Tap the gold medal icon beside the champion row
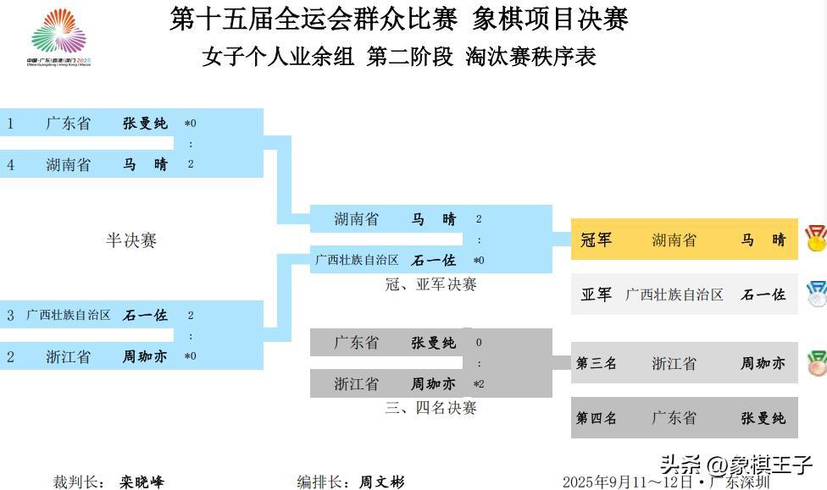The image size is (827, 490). [815, 239]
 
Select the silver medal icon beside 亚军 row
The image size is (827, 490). [816, 294]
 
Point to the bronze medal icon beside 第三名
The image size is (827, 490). [816, 363]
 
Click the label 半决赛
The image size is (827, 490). [130, 240]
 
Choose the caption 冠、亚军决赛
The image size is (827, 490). [430, 284]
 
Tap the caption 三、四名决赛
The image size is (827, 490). [430, 408]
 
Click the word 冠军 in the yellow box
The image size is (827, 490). [596, 240]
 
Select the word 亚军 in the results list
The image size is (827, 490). [596, 295]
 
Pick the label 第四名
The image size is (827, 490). [597, 418]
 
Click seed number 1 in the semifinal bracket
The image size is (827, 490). [10, 124]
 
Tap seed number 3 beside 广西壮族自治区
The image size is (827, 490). [10, 316]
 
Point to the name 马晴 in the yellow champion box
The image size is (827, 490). [763, 240]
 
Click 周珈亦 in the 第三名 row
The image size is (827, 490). [763, 364]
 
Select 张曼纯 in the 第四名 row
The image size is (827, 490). [763, 418]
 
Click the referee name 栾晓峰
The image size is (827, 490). [142, 482]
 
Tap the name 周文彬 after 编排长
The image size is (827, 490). [382, 482]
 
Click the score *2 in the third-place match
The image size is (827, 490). [479, 384]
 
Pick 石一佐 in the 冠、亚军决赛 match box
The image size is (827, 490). [434, 261]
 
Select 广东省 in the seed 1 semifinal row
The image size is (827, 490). [68, 124]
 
